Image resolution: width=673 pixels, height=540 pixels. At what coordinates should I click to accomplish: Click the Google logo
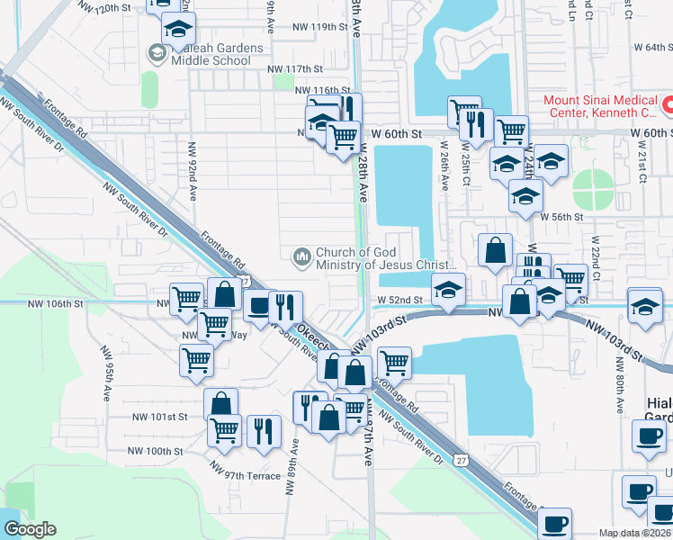30,529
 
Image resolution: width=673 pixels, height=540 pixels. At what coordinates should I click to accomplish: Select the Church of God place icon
301,258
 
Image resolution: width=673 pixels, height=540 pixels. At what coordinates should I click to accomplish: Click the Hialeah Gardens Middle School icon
158,54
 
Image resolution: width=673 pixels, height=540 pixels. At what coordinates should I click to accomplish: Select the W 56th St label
562,216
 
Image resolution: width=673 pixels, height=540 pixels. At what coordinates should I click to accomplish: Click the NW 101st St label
159,417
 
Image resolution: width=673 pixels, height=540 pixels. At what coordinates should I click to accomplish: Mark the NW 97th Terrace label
247,471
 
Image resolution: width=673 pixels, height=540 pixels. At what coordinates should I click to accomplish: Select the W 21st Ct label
643,162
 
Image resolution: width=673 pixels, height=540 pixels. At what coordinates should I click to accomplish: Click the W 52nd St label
399,300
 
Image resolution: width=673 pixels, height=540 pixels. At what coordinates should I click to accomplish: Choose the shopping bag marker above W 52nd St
496,252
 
